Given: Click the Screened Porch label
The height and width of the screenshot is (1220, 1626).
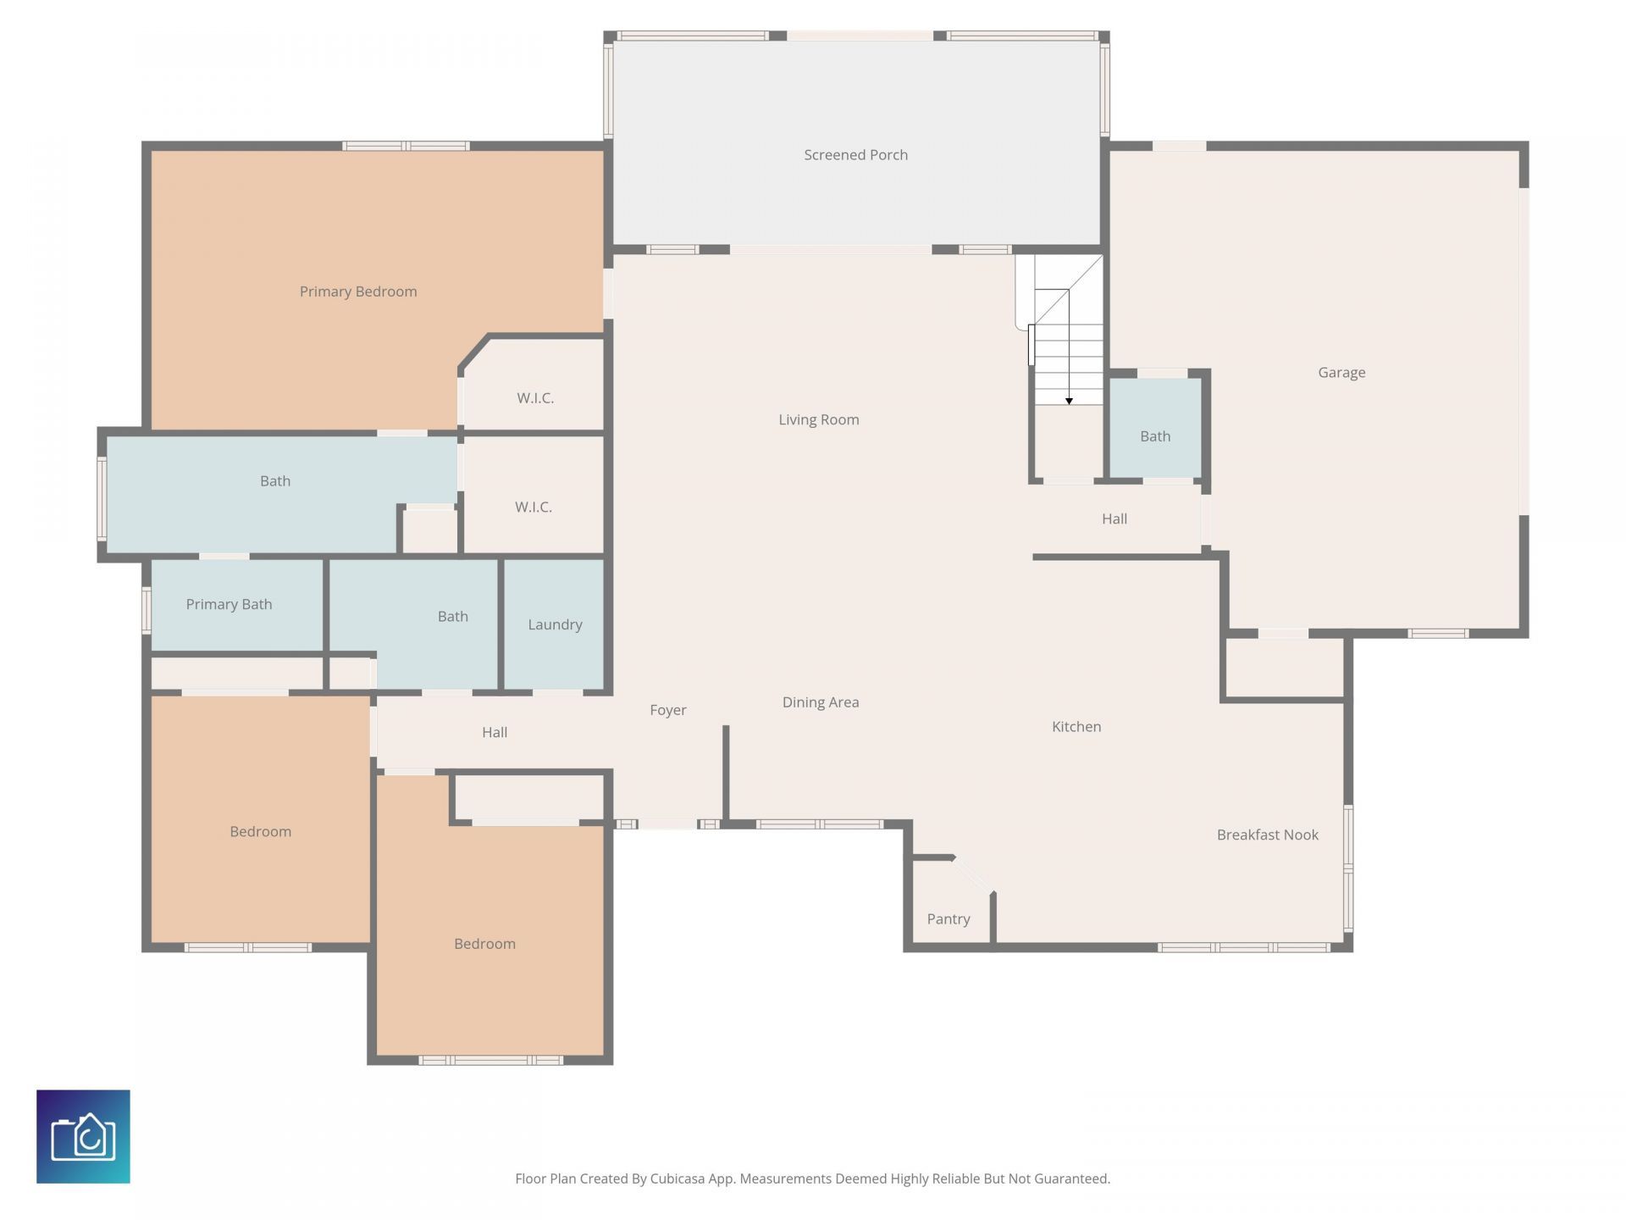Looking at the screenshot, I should click(x=855, y=155).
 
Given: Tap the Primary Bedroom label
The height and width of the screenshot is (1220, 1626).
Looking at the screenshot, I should click(x=358, y=291).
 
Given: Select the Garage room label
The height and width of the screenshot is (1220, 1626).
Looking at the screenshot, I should click(x=1341, y=372).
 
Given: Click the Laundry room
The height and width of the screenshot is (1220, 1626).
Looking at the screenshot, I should click(x=555, y=624).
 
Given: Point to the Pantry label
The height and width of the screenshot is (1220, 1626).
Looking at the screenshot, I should click(x=948, y=918).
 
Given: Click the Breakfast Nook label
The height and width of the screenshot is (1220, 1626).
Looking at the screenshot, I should click(x=1267, y=835).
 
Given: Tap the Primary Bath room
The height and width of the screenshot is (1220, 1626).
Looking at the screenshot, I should click(x=229, y=604).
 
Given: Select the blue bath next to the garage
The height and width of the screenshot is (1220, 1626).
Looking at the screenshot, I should click(x=1155, y=435).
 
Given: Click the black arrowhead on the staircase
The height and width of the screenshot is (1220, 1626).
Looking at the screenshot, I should click(x=1069, y=401).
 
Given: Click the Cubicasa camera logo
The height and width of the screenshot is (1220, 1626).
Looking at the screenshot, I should click(x=83, y=1136).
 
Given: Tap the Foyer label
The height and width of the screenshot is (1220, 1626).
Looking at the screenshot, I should click(x=667, y=710).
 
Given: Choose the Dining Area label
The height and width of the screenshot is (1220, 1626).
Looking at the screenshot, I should click(x=820, y=701).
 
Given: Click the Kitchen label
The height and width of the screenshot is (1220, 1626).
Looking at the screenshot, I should click(x=1076, y=726).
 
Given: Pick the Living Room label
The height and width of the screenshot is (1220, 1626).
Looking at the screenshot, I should click(x=818, y=419).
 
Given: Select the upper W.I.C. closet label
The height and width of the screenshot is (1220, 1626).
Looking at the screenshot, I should click(x=535, y=397).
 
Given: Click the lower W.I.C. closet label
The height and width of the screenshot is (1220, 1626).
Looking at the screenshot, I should click(x=534, y=507).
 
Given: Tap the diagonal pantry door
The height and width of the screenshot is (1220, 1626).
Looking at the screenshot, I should click(x=972, y=875).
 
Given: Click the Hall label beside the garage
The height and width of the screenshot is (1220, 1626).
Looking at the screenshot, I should click(x=1114, y=518).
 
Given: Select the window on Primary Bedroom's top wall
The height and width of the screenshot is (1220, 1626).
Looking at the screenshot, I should click(x=406, y=146).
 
